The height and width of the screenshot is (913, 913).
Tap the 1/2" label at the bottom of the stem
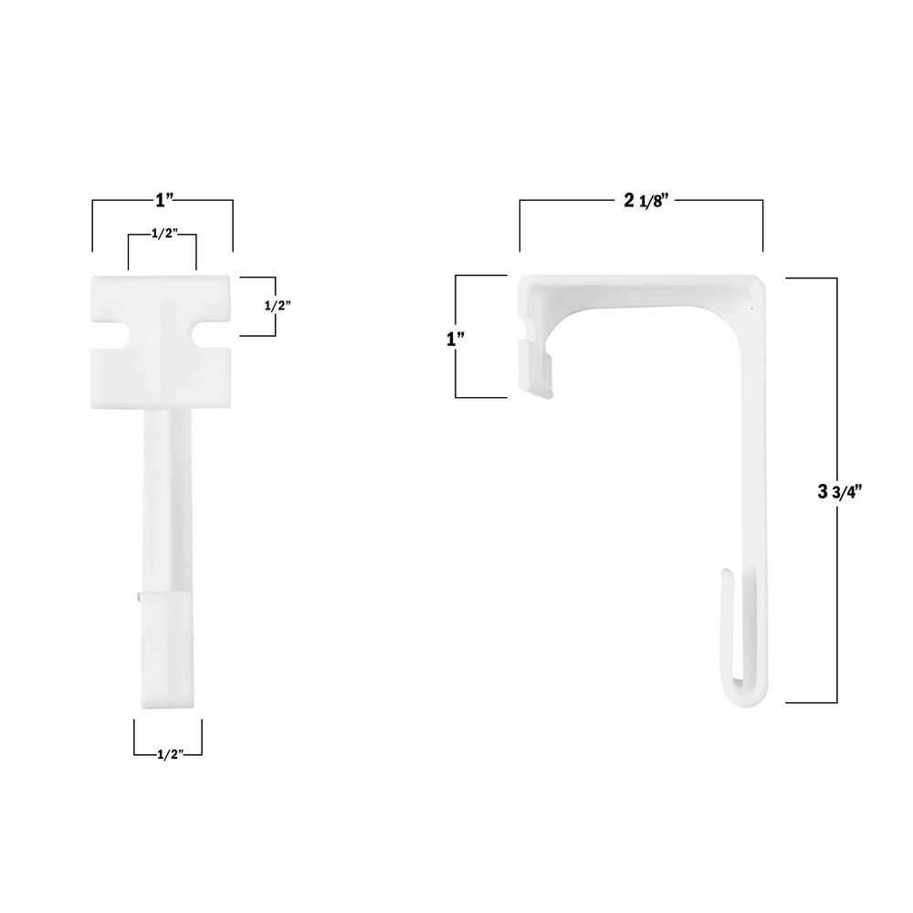pos(167,754)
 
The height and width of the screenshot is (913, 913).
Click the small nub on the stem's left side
pos(137,594)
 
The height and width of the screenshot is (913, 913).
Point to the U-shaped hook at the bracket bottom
pos(747,689)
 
